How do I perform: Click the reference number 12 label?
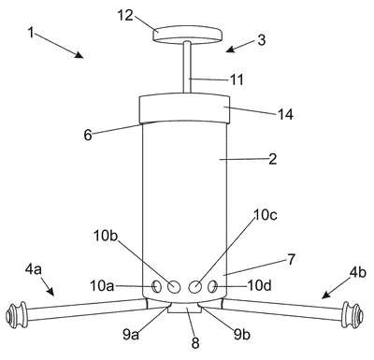125,15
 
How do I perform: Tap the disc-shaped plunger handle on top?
188,35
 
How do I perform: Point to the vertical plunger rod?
187,67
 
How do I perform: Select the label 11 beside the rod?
237,79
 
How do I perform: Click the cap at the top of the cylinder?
185,108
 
